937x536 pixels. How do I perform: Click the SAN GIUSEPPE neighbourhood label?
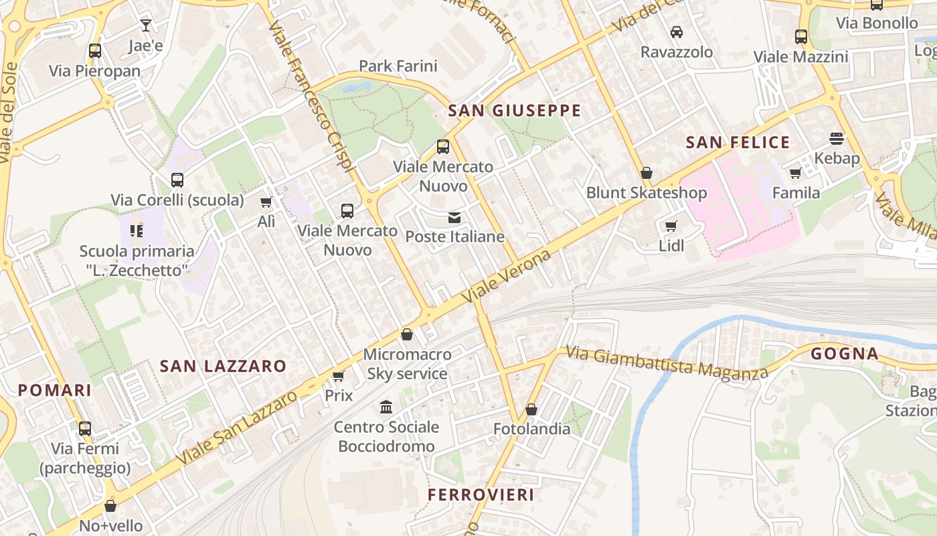click(x=514, y=111)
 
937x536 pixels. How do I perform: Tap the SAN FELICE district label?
click(x=738, y=142)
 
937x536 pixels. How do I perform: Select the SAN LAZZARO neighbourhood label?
click(x=223, y=366)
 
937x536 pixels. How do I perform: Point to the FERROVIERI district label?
click(x=481, y=495)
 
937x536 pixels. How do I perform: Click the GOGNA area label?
click(x=844, y=353)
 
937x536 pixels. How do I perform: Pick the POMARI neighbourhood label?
click(x=54, y=390)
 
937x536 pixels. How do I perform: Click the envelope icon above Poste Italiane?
click(x=454, y=217)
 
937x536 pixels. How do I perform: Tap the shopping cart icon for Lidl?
click(x=671, y=226)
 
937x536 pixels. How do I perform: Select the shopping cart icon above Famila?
click(x=795, y=174)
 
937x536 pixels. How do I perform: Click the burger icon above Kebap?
click(x=837, y=139)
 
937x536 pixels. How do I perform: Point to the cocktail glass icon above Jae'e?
click(x=146, y=26)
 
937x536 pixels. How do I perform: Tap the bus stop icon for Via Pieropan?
click(x=94, y=51)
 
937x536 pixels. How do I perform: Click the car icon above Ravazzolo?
click(x=677, y=32)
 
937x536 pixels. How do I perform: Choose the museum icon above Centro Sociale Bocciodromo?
click(x=386, y=407)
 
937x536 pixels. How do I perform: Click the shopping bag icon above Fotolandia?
click(x=531, y=409)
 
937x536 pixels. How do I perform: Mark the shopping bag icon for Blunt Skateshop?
click(x=646, y=173)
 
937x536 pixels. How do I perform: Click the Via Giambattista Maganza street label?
click(x=666, y=362)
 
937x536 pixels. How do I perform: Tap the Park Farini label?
click(x=398, y=66)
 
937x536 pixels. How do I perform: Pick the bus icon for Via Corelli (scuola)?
click(x=177, y=180)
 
